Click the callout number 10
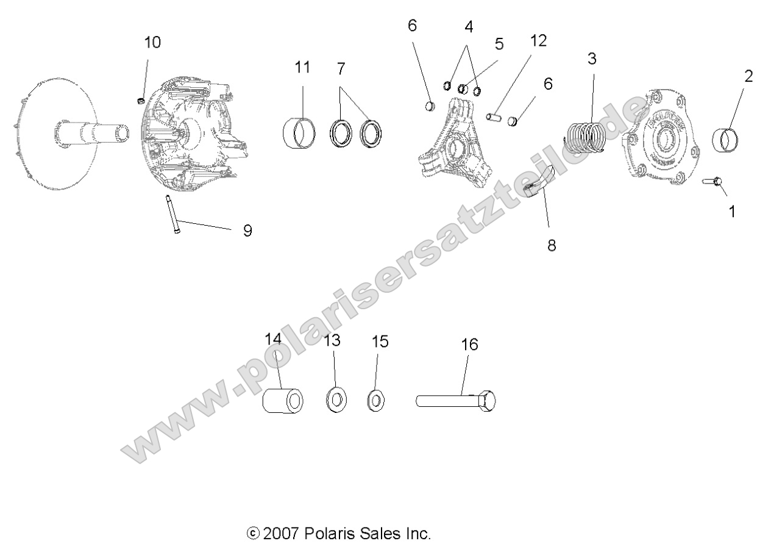(x=152, y=43)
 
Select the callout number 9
(x=247, y=231)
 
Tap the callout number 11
(x=302, y=67)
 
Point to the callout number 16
(x=469, y=345)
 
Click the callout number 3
(x=592, y=59)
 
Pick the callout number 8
(x=552, y=246)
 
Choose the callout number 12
(x=538, y=41)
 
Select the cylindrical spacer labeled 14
(x=283, y=401)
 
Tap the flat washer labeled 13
(x=335, y=400)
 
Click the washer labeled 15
(x=377, y=401)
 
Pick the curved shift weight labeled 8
(x=541, y=184)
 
